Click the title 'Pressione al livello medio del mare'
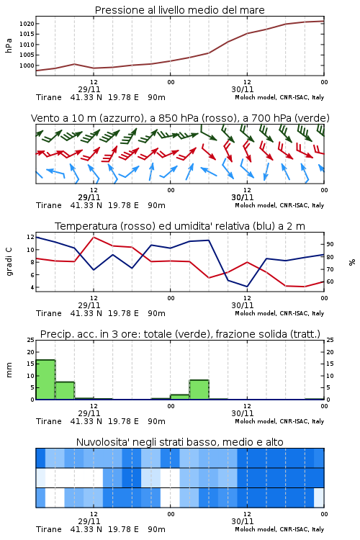coord(179,10)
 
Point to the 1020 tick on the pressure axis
coord(27,24)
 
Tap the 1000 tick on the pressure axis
coord(27,66)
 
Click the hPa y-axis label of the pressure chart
coord(9,46)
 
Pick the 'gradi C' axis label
coord(9,262)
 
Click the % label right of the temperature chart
coord(352,262)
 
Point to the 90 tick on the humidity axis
coord(330,244)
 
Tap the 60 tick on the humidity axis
coord(330,282)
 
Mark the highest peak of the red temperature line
coord(94,237)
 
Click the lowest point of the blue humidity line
coord(247,287)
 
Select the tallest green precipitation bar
coord(45,379)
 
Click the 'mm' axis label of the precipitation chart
coord(9,370)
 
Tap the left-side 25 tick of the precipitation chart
coord(30,340)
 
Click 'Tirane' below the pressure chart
coord(48,97)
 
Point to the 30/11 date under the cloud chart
coord(243,521)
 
